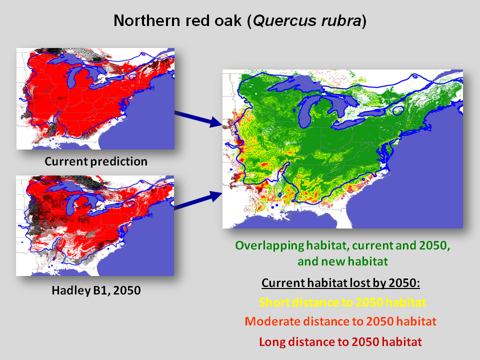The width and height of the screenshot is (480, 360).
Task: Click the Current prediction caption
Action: coord(96,161)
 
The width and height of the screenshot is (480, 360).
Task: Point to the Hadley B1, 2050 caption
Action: coord(96,290)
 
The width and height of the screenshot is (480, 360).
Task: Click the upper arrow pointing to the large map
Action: coord(198,118)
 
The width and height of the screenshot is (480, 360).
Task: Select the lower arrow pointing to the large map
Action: coord(198,200)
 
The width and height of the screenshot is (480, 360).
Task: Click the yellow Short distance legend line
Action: coord(342,302)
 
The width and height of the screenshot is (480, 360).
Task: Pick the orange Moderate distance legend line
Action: coord(340,321)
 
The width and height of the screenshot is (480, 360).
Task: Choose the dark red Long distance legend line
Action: coord(340,341)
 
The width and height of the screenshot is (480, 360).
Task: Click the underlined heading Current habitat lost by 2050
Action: coord(340,283)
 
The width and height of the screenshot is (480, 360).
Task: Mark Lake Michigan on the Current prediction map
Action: coord(73,78)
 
